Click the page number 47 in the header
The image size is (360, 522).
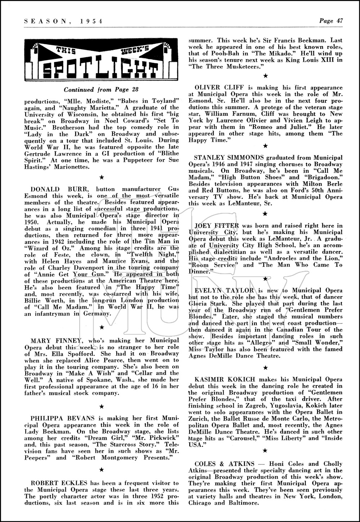click(x=339, y=21)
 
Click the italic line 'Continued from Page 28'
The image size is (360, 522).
click(x=101, y=90)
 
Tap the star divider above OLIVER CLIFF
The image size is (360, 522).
click(x=265, y=76)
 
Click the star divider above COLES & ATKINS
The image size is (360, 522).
click(x=265, y=450)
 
